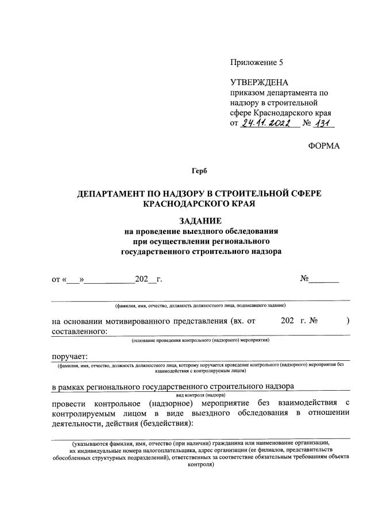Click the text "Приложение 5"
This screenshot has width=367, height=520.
(257, 62)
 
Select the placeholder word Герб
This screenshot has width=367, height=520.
(199, 171)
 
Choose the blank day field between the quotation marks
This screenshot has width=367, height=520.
(74, 280)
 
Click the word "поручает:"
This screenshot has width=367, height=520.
(69, 356)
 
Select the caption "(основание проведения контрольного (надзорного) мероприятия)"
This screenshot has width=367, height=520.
(200, 340)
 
